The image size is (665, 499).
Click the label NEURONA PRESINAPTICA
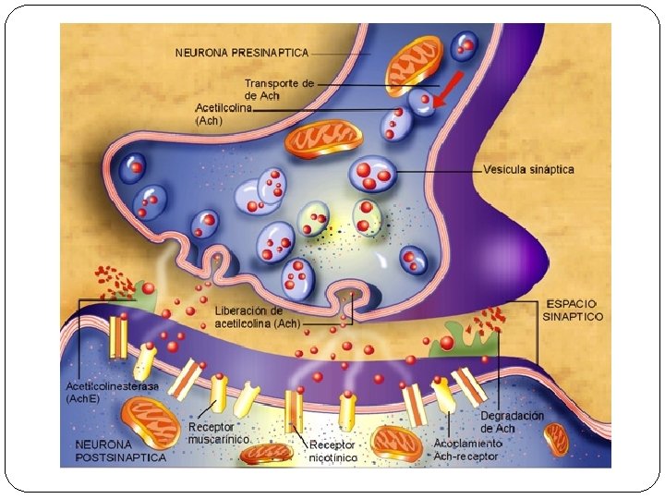pos(242,52)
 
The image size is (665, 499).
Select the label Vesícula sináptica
pos(528,170)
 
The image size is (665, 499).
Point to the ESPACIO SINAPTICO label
pos(572,310)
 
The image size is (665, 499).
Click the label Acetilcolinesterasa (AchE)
pos(99,391)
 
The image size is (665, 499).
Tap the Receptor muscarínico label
pos(218,433)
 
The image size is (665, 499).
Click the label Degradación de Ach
pos(512,421)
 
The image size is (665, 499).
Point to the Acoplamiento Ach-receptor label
pos(466,450)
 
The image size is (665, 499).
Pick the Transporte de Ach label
pos(279,89)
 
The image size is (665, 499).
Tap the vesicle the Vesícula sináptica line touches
pos(373,173)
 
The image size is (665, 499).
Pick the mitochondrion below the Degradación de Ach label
pos(556,439)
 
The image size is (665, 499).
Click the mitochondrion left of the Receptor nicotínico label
pos(270,453)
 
